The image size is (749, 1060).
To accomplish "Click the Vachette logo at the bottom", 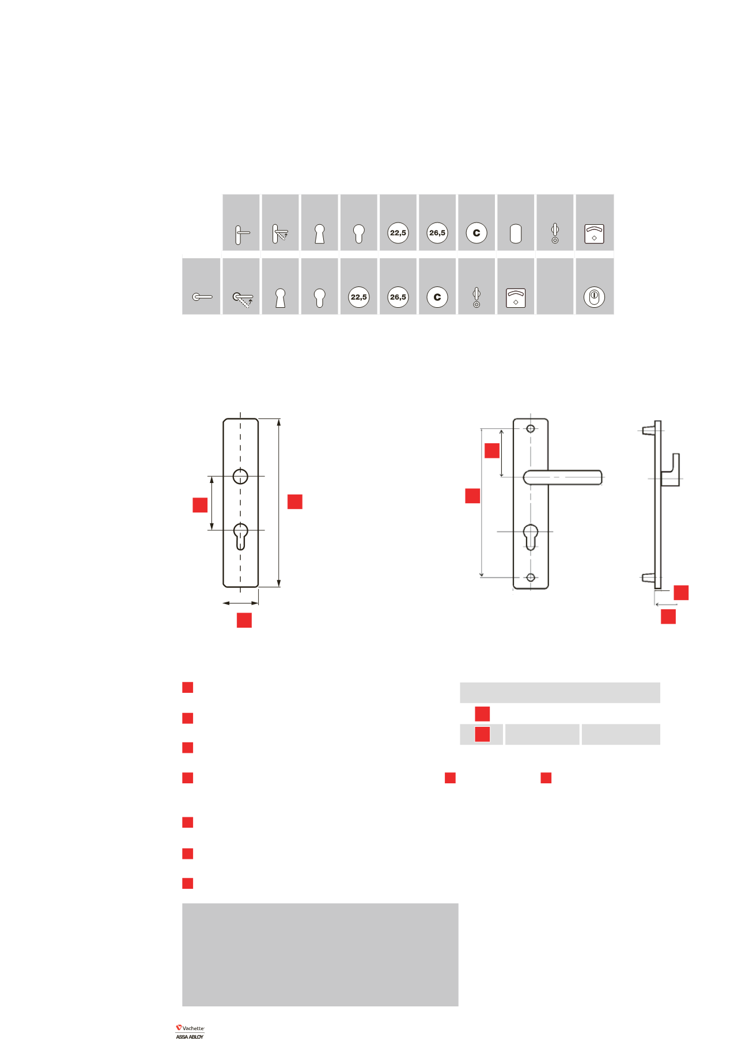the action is click(190, 1028).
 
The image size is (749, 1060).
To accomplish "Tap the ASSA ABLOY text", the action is click(190, 1037).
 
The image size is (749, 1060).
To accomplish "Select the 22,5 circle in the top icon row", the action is click(398, 233).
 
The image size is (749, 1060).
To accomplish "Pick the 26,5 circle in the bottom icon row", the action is click(398, 297).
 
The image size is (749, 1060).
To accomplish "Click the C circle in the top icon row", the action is click(476, 233).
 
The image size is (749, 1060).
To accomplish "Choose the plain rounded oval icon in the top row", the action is click(516, 233).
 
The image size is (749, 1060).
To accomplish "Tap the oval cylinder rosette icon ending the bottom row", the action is click(594, 297).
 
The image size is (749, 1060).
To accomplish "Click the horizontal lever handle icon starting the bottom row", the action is click(202, 297).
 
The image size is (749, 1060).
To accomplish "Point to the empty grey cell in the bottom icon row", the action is click(555, 286).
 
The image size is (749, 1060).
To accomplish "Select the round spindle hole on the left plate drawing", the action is click(240, 477).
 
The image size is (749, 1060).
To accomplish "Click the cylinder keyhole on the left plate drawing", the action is click(241, 537).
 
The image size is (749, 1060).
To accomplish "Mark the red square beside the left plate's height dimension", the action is click(295, 501).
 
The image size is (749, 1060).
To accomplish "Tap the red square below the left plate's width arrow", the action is click(244, 620).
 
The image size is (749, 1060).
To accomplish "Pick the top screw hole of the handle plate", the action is click(531, 429).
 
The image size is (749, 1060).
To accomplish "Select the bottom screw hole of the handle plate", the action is click(531, 578).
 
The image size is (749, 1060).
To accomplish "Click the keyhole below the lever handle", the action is click(531, 537).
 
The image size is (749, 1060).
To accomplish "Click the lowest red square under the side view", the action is click(668, 617).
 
